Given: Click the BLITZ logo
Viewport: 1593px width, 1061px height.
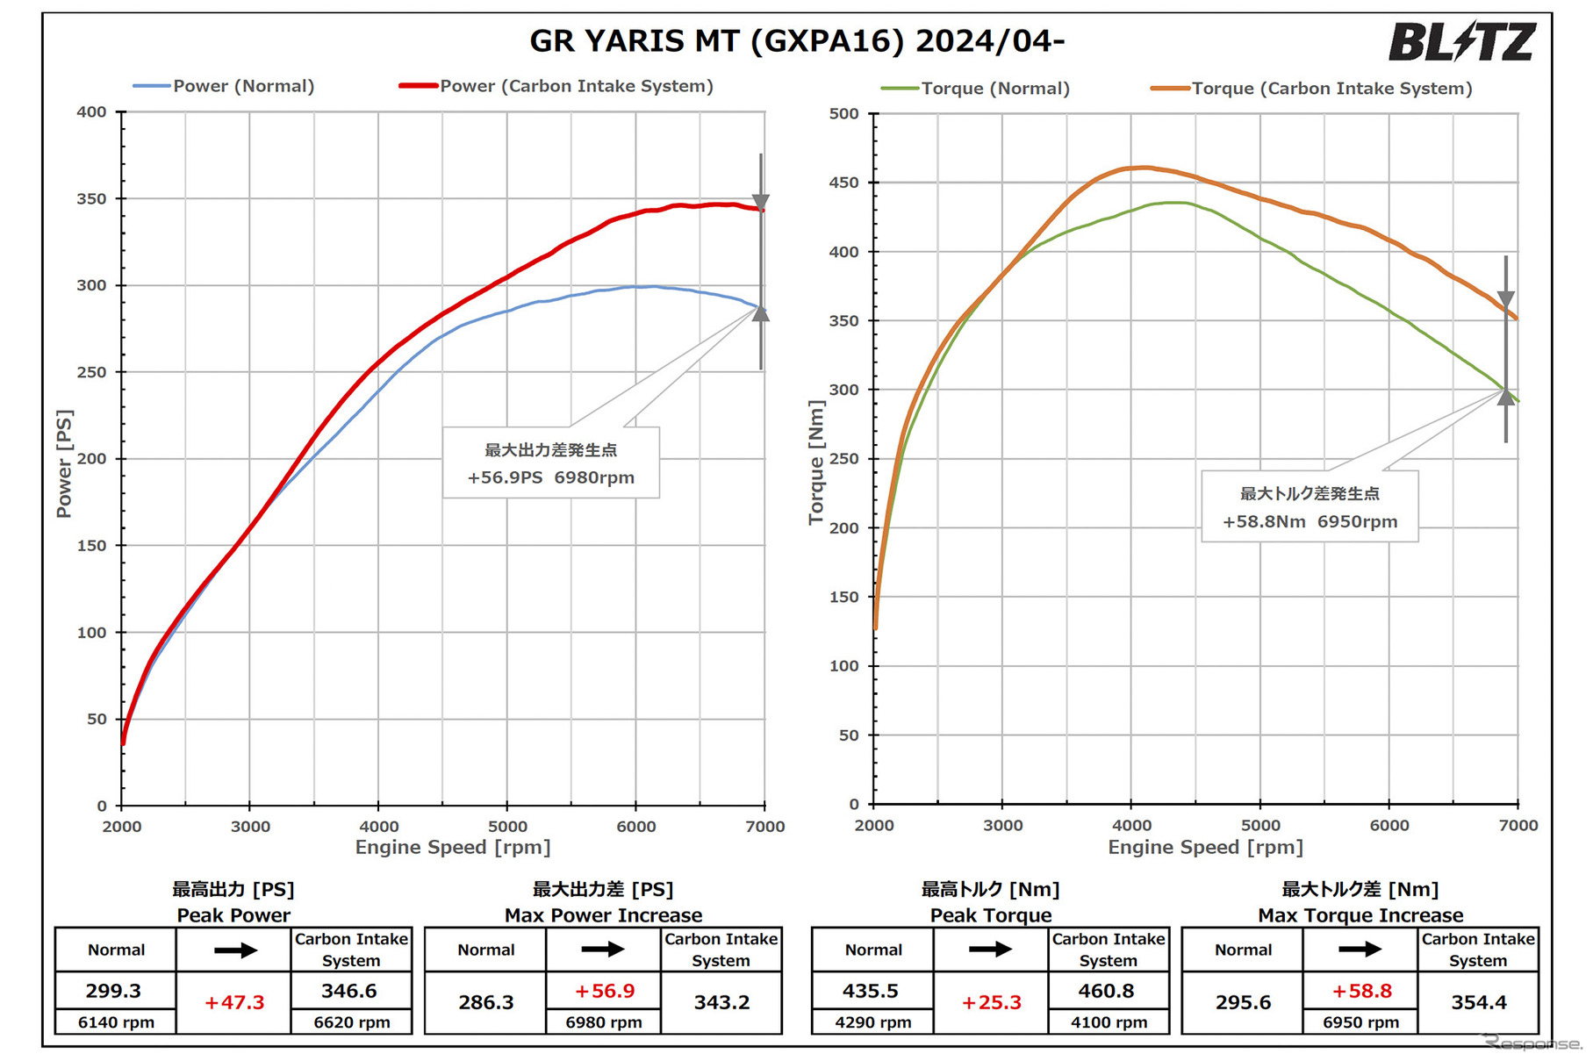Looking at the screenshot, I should pos(1460,42).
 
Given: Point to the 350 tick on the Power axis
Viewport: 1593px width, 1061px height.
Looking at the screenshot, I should pos(91,199).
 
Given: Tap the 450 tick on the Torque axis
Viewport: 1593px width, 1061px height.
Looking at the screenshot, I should pos(843,183).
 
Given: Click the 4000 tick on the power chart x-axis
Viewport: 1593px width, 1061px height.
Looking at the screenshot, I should pos(378,827).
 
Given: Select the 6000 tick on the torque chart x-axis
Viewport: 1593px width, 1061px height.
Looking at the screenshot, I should pos(1389,826).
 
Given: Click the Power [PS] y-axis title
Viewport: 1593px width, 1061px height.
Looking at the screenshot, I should pos(64,463).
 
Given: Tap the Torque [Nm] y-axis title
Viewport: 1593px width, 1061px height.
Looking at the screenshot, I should pos(816,462).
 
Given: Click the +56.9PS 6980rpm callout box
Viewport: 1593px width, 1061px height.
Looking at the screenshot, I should pos(550,463).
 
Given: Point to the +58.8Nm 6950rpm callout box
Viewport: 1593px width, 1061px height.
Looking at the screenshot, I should pos(1310,507).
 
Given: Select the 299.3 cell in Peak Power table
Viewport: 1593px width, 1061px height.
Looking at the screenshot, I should pos(114,991).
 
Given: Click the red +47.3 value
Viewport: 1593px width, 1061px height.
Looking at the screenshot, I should pos(233,1002).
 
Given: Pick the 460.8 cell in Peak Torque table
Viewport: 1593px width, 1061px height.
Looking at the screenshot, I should pos(1107,991).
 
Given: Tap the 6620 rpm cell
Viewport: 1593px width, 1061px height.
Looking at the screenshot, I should pos(351,1022).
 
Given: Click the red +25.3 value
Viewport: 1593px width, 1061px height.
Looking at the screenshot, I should pos(991,1002).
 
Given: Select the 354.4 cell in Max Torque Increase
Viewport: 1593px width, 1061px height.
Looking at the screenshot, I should pos(1478,1002).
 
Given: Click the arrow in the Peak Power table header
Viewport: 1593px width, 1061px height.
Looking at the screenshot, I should pos(234,950).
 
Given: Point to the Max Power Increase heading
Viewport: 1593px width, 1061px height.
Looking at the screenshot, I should pos(603,915).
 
